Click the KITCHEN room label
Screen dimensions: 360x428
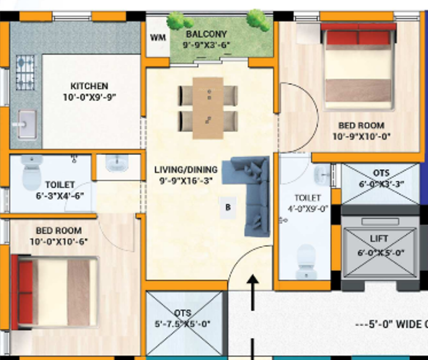pyautogui.click(x=89, y=86)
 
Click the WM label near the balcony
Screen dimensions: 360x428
pyautogui.click(x=157, y=38)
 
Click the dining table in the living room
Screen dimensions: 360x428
pyautogui.click(x=208, y=108)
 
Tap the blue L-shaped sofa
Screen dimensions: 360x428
pyautogui.click(x=253, y=191)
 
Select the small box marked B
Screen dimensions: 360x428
pyautogui.click(x=228, y=207)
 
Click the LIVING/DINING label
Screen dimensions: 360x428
pyautogui.click(x=185, y=170)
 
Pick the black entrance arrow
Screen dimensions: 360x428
pyautogui.click(x=253, y=295)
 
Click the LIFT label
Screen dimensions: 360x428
pyautogui.click(x=379, y=239)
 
